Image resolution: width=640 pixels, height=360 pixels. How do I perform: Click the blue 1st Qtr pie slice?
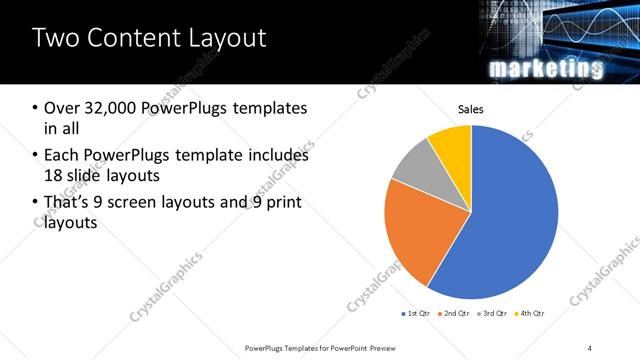[x=510, y=220]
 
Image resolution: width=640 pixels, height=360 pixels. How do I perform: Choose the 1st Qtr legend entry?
[x=419, y=314]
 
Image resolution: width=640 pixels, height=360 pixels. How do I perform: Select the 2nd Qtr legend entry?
[x=455, y=314]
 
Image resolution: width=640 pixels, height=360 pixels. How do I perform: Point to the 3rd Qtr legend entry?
[x=492, y=314]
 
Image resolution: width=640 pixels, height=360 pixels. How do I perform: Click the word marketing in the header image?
[x=546, y=68]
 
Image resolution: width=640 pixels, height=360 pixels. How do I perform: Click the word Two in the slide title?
[x=56, y=39]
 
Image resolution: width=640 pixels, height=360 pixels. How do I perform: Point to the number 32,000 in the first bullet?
[x=107, y=107]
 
